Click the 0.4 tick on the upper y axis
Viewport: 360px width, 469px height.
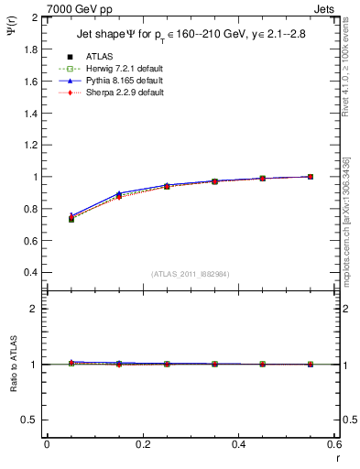pyautogui.click(x=29, y=273)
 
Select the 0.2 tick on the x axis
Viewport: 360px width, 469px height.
pyautogui.click(x=142, y=444)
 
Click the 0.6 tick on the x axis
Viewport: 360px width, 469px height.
pyautogui.click(x=333, y=444)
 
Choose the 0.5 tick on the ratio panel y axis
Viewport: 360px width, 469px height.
pyautogui.click(x=29, y=420)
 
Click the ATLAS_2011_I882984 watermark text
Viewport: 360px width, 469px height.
pyautogui.click(x=190, y=274)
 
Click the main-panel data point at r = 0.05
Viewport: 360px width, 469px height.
pyautogui.click(x=71, y=219)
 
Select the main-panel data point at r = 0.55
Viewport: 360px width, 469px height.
pyautogui.click(x=311, y=177)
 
